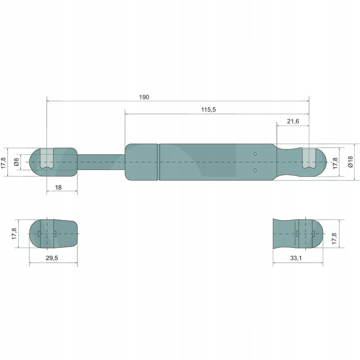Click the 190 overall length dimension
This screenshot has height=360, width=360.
(144, 97)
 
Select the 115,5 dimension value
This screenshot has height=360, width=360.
(208, 109)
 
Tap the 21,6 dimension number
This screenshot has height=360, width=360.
(293, 121)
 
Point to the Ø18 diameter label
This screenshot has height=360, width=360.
(351, 162)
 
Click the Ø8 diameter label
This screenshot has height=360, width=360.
(16, 162)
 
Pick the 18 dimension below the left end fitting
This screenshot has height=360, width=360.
(58, 188)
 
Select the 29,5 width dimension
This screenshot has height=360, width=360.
(52, 258)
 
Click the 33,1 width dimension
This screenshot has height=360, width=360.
(296, 258)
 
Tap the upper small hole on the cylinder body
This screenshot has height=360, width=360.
(255, 154)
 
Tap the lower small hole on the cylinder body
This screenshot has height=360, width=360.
(255, 171)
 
